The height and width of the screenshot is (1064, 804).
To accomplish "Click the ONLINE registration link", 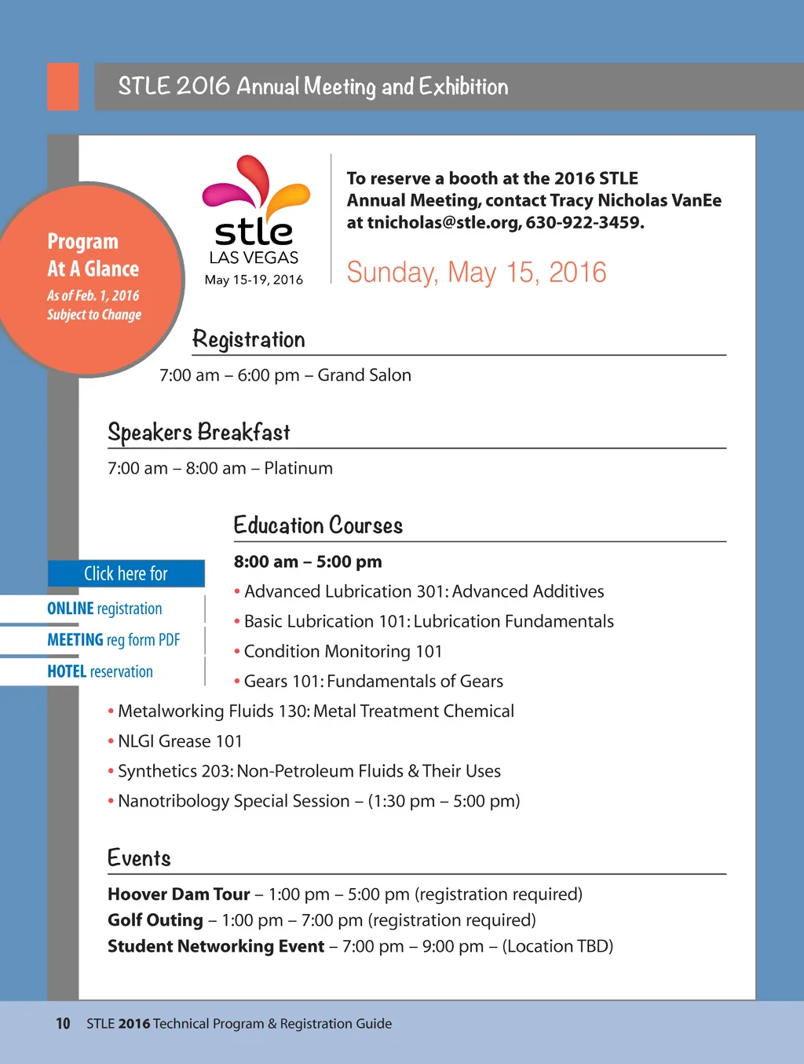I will [x=104, y=609].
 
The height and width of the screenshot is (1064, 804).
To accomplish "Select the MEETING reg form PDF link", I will [x=114, y=640].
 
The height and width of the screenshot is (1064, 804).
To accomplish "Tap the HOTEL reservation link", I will [x=100, y=671].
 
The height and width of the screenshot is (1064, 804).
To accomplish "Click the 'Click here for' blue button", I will [x=126, y=573].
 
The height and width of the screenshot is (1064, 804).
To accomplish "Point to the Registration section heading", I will [x=248, y=339].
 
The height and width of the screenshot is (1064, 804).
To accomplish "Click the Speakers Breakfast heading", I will [x=199, y=432].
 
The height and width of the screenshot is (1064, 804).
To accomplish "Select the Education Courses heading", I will [x=318, y=525].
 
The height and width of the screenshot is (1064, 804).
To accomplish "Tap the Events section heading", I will [x=139, y=858].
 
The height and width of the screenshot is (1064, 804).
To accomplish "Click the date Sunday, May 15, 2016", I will [x=476, y=272].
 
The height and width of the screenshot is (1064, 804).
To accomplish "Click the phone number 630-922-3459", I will [x=584, y=222].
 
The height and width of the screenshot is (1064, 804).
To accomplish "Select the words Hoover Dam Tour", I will [x=179, y=894].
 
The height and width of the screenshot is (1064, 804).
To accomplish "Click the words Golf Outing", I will [x=155, y=920].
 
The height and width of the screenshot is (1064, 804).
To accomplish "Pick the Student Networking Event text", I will [x=216, y=946].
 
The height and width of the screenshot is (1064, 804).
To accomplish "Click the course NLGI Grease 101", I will [x=180, y=741].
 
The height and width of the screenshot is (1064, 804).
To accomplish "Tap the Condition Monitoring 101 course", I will [x=343, y=652].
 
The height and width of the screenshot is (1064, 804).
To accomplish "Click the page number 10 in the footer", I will [x=63, y=1023].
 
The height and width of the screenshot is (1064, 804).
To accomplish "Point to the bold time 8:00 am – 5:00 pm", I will [x=308, y=561].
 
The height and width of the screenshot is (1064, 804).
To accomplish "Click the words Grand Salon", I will [x=364, y=375].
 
